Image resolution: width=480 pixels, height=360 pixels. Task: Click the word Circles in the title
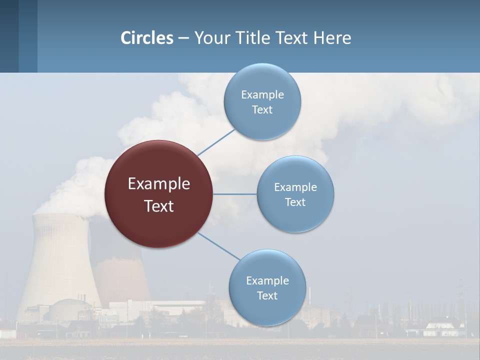click(x=147, y=38)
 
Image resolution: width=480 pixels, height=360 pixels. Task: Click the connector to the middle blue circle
click(x=234, y=194)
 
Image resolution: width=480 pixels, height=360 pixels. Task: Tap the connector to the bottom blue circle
click(x=218, y=246)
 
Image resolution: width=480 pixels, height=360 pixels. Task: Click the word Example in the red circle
click(x=158, y=184)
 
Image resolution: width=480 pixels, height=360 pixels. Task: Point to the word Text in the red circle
click(x=158, y=206)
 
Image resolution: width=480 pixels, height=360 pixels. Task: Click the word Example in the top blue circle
click(x=262, y=94)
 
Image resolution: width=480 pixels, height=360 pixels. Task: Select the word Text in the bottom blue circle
click(x=267, y=296)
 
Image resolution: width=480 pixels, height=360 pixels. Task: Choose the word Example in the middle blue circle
click(x=295, y=187)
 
